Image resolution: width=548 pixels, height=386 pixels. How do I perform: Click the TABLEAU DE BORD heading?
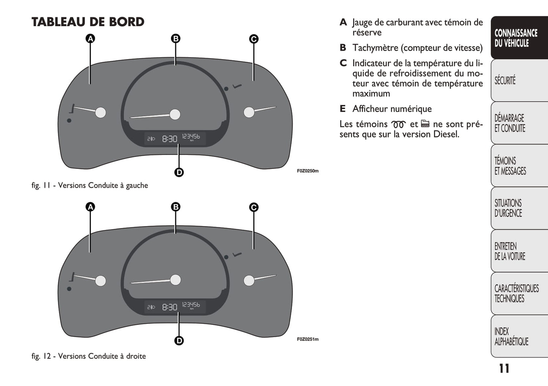click(x=88, y=22)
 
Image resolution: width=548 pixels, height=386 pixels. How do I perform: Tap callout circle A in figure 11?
click(x=90, y=39)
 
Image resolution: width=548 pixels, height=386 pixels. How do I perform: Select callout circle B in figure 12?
click(x=176, y=207)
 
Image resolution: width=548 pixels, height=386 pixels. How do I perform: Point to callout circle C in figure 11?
click(x=254, y=39)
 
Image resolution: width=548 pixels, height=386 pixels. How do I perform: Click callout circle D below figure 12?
click(x=179, y=341)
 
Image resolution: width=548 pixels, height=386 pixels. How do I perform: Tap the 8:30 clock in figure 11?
click(x=170, y=139)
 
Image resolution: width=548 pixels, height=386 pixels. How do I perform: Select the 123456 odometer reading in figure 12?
click(x=191, y=305)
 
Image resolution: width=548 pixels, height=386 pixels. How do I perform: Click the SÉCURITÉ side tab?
click(x=506, y=80)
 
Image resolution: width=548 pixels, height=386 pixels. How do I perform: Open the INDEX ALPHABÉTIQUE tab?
click(x=511, y=336)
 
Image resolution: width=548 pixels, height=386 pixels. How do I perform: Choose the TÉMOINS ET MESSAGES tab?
click(x=510, y=166)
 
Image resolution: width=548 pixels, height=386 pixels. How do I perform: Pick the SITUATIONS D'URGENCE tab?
click(x=509, y=208)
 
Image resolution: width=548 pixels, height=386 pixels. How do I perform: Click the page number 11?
click(x=504, y=369)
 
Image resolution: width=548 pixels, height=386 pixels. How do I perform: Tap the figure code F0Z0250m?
click(x=308, y=171)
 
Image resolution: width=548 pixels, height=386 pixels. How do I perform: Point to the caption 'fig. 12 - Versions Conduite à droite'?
click(x=89, y=356)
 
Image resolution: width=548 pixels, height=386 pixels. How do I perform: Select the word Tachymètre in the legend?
click(x=375, y=48)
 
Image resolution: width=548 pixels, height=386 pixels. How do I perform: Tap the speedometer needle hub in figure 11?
click(x=175, y=114)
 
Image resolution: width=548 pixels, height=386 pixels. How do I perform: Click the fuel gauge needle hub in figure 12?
click(x=100, y=281)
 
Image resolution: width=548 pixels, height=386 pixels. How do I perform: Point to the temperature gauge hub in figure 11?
click(x=249, y=113)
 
